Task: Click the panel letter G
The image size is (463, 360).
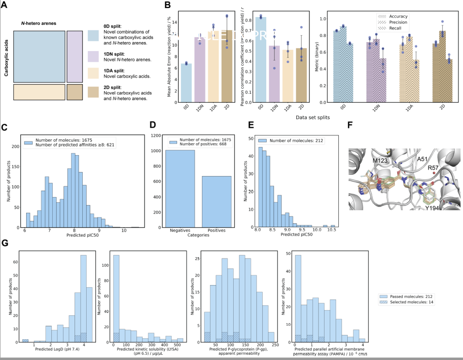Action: click(5, 243)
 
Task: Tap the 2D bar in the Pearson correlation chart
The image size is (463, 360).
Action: click(301, 81)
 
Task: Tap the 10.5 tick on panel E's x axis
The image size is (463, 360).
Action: click(333, 231)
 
